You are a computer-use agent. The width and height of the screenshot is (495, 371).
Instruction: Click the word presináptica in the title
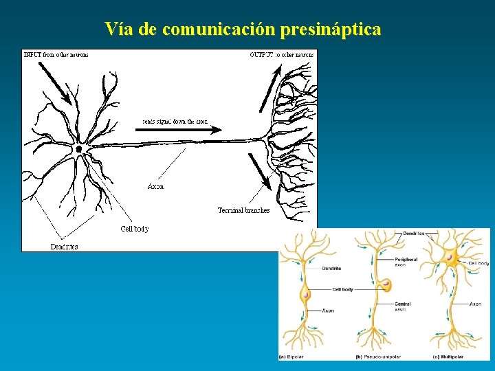tap(332, 30)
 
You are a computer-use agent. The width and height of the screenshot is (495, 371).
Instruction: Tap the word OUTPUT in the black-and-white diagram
tap(261, 54)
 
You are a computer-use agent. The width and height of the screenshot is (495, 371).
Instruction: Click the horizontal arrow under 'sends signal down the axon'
tap(185, 128)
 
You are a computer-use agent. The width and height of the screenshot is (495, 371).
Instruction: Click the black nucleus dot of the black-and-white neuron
tap(79, 148)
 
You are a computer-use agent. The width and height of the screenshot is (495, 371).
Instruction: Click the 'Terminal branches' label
tap(243, 210)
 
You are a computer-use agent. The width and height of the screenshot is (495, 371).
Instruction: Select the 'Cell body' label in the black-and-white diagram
tap(134, 229)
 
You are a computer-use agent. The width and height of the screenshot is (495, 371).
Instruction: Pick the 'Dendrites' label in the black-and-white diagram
tap(64, 247)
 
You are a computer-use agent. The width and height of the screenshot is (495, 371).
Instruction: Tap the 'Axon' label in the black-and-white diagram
tap(155, 187)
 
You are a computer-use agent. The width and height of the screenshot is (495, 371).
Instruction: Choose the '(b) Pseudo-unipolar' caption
tap(378, 357)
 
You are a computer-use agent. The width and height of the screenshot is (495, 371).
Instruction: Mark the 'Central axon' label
tap(403, 306)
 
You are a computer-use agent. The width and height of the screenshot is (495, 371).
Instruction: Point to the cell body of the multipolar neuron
tap(450, 258)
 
